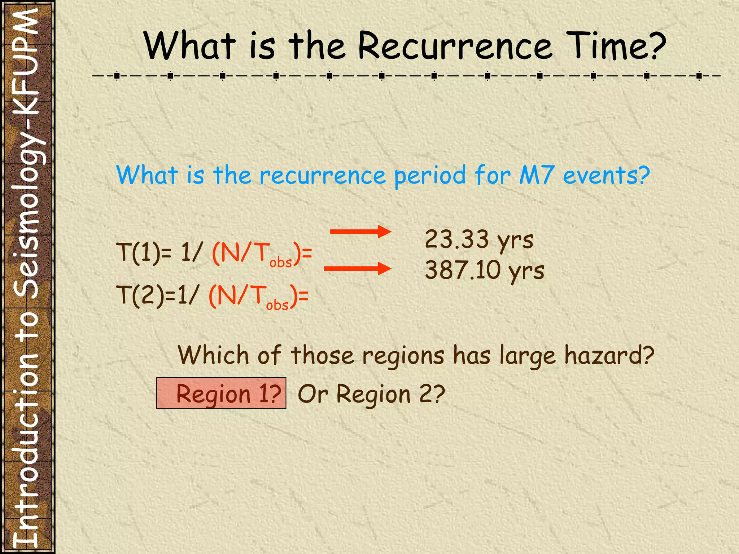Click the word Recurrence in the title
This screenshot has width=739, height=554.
coord(455,46)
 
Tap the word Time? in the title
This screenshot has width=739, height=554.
coord(616,46)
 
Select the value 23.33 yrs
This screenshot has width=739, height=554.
coord(479,239)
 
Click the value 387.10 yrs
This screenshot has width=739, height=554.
coord(484,271)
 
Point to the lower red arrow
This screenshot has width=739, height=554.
coord(357,269)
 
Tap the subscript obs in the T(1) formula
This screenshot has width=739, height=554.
coord(280,262)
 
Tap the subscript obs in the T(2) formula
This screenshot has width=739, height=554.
coord(277,305)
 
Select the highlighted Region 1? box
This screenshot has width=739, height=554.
coord(221,393)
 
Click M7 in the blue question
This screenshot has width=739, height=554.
coord(536,175)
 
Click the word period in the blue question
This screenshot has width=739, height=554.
coord(430,176)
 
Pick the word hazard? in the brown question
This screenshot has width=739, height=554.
coord(609,356)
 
